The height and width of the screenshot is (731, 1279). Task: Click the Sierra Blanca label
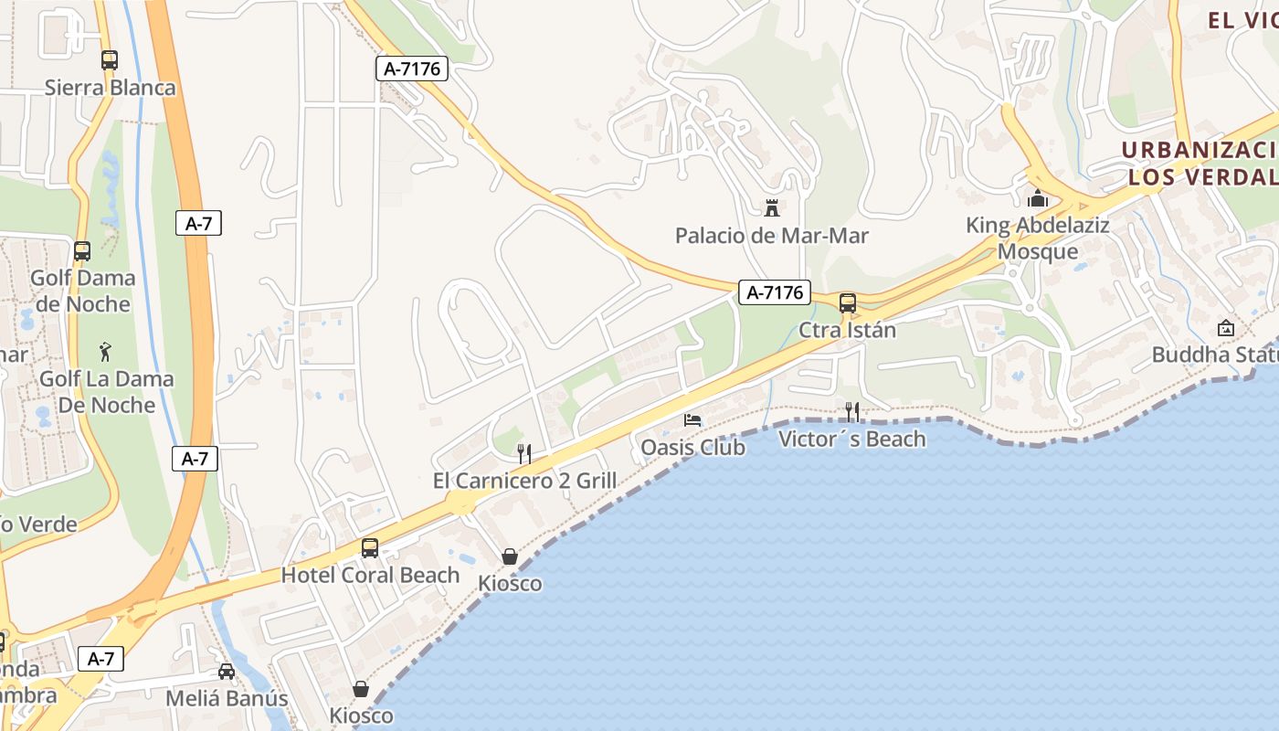110,88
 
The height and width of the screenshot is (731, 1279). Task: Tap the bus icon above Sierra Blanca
110,60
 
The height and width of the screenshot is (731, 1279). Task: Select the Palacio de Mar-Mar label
771,236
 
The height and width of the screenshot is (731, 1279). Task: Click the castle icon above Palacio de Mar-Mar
772,208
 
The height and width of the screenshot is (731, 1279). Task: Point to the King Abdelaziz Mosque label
1038,238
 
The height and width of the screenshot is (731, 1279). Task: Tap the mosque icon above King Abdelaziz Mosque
1038,198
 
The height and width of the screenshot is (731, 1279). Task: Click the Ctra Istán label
847,330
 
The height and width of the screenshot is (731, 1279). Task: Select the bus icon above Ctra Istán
848,302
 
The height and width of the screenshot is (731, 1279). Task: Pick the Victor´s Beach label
851,440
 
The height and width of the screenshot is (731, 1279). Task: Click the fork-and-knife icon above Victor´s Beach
851,411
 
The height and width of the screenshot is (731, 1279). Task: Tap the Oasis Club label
692,448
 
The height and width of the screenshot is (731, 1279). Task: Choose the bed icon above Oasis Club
692,420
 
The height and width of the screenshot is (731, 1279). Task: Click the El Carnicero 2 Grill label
524,481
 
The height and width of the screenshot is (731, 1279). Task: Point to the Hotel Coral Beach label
370,575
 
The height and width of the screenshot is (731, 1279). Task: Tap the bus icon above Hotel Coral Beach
370,547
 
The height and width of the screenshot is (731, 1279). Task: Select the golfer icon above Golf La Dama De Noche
106,351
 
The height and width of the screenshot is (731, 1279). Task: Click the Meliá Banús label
227,699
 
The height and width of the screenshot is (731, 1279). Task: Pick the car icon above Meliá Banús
227,672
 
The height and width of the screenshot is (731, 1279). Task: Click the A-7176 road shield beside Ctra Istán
774,292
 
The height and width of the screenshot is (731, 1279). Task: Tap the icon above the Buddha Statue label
1225,327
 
